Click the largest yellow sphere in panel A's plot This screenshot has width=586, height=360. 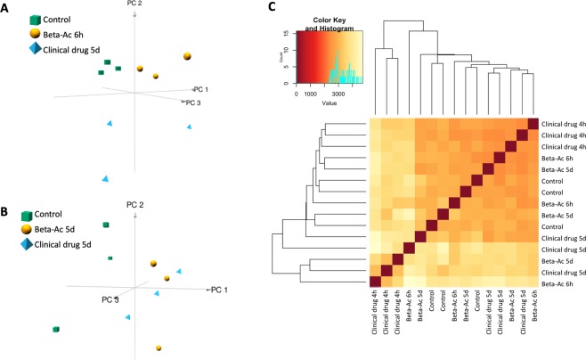point(187,56)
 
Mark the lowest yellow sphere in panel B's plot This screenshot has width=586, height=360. point(158,348)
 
